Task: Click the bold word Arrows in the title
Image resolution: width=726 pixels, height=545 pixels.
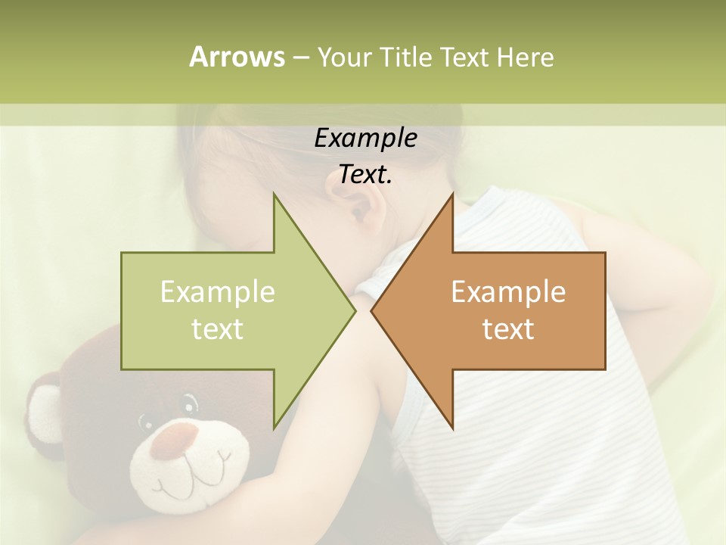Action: (236, 57)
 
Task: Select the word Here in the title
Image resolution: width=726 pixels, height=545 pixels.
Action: (525, 58)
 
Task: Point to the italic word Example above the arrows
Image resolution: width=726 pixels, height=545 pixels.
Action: (365, 138)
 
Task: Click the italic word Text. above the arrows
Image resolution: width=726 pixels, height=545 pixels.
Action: (365, 175)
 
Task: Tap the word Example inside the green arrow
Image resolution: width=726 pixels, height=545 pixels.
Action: (218, 291)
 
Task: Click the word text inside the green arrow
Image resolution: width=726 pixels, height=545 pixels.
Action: (218, 329)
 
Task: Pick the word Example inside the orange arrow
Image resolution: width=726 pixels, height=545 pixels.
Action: (508, 291)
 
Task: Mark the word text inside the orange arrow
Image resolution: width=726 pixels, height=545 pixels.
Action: (508, 329)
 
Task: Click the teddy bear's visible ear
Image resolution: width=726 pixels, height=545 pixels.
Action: (44, 413)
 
